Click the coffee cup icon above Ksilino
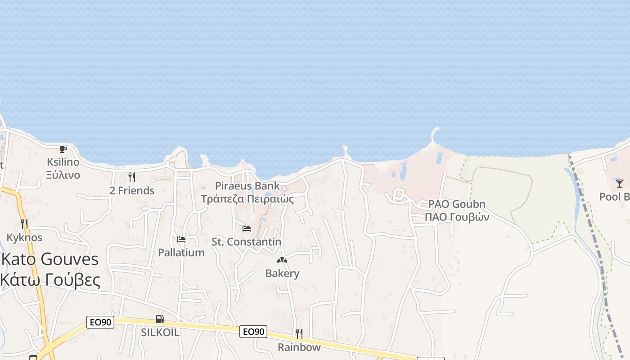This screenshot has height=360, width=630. pyautogui.click(x=63, y=149)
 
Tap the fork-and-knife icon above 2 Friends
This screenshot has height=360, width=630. pyautogui.click(x=131, y=177)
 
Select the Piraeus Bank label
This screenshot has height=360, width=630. pyautogui.click(x=247, y=186)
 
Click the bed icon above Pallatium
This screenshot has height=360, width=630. pyautogui.click(x=181, y=239)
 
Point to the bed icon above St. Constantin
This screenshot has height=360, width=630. pyautogui.click(x=246, y=228)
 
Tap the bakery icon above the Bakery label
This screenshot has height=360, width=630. pyautogui.click(x=282, y=260)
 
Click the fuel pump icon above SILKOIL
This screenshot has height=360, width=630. pyautogui.click(x=160, y=319)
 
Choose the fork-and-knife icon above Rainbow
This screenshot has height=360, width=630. pyautogui.click(x=299, y=333)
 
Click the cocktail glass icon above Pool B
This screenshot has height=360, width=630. pyautogui.click(x=620, y=183)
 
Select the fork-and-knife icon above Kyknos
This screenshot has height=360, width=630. pyautogui.click(x=24, y=224)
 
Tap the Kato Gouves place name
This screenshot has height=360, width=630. pyautogui.click(x=50, y=260)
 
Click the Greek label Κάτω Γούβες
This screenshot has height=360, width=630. pyautogui.click(x=50, y=280)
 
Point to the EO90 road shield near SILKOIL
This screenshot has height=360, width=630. pyautogui.click(x=100, y=322)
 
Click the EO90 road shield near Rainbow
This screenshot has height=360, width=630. pyautogui.click(x=253, y=332)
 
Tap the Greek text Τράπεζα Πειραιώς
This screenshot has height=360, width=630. pyautogui.click(x=247, y=199)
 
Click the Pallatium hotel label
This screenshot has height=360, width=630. pyautogui.click(x=181, y=252)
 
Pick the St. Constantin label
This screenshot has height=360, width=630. pyautogui.click(x=247, y=242)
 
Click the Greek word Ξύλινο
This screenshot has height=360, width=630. pyautogui.click(x=63, y=175)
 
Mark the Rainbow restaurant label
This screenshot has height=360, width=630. pyautogui.click(x=299, y=347)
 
